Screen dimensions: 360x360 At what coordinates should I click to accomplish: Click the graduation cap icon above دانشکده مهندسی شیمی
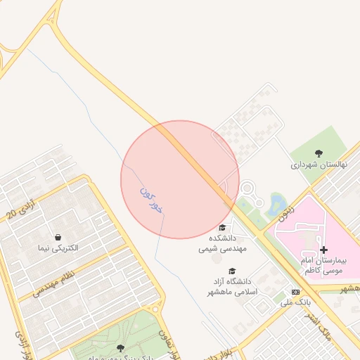pos(223,227)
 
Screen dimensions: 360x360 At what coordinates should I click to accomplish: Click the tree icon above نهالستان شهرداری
pos(319,153)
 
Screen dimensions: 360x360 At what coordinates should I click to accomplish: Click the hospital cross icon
pos(323,250)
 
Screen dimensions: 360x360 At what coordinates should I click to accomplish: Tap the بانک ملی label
pos(295,303)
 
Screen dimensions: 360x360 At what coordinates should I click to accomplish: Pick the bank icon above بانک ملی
pos(295,292)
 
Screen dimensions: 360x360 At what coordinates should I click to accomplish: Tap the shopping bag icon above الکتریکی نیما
pos(58,236)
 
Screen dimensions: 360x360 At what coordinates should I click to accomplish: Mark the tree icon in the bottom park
pos(120,347)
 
